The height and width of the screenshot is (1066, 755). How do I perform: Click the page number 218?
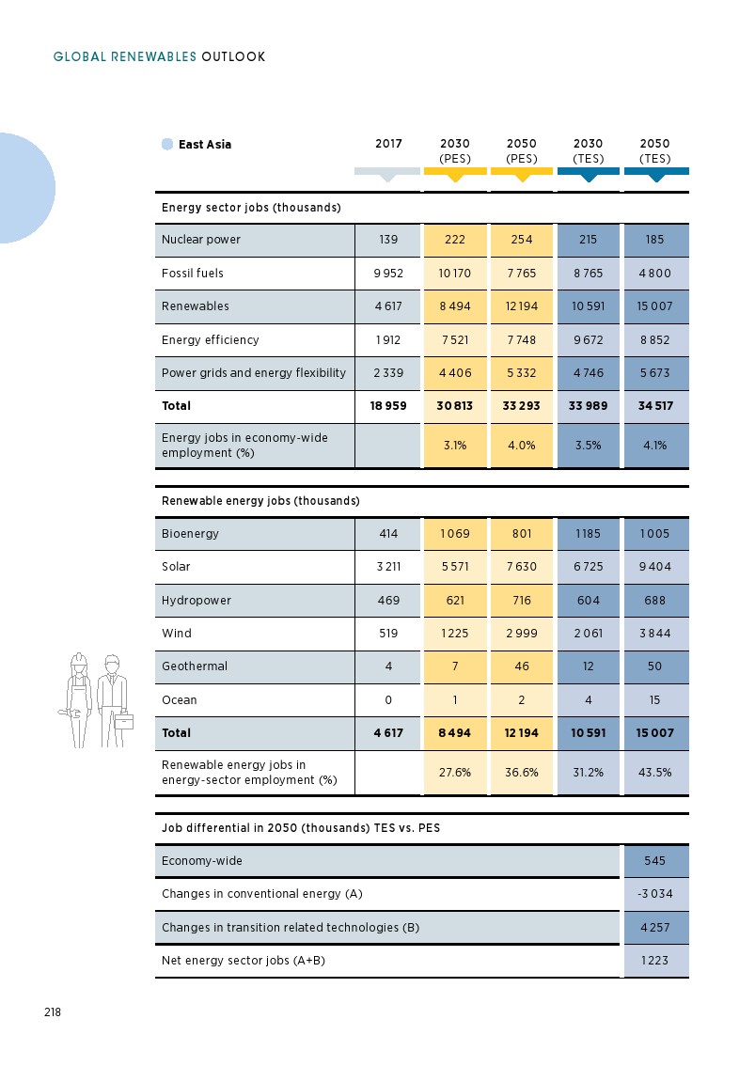click(x=52, y=1012)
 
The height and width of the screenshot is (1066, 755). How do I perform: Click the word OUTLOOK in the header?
click(x=233, y=57)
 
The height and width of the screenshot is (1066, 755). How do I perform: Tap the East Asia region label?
click(x=204, y=145)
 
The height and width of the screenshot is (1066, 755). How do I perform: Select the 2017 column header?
click(x=388, y=145)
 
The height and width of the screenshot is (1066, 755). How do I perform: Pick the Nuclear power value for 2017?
click(x=388, y=240)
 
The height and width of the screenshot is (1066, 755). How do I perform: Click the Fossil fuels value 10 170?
click(x=455, y=274)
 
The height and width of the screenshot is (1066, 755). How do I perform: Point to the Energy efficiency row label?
click(x=210, y=340)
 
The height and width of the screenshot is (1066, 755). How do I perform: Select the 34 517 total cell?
click(x=655, y=406)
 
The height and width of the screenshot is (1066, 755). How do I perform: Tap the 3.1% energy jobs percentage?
click(x=455, y=446)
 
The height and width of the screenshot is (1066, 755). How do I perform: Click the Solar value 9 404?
click(x=655, y=567)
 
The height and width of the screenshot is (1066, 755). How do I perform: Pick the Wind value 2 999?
click(x=522, y=634)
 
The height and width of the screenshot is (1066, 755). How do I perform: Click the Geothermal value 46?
click(x=522, y=666)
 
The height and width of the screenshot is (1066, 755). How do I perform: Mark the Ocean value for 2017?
click(x=388, y=700)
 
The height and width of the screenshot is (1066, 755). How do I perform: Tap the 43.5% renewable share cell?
click(x=655, y=773)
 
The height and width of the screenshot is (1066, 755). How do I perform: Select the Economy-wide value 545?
click(x=655, y=861)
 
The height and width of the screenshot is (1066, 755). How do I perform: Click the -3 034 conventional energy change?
click(x=655, y=894)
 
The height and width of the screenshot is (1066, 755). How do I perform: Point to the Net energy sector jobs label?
click(x=244, y=961)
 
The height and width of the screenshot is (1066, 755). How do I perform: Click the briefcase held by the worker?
click(x=124, y=721)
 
